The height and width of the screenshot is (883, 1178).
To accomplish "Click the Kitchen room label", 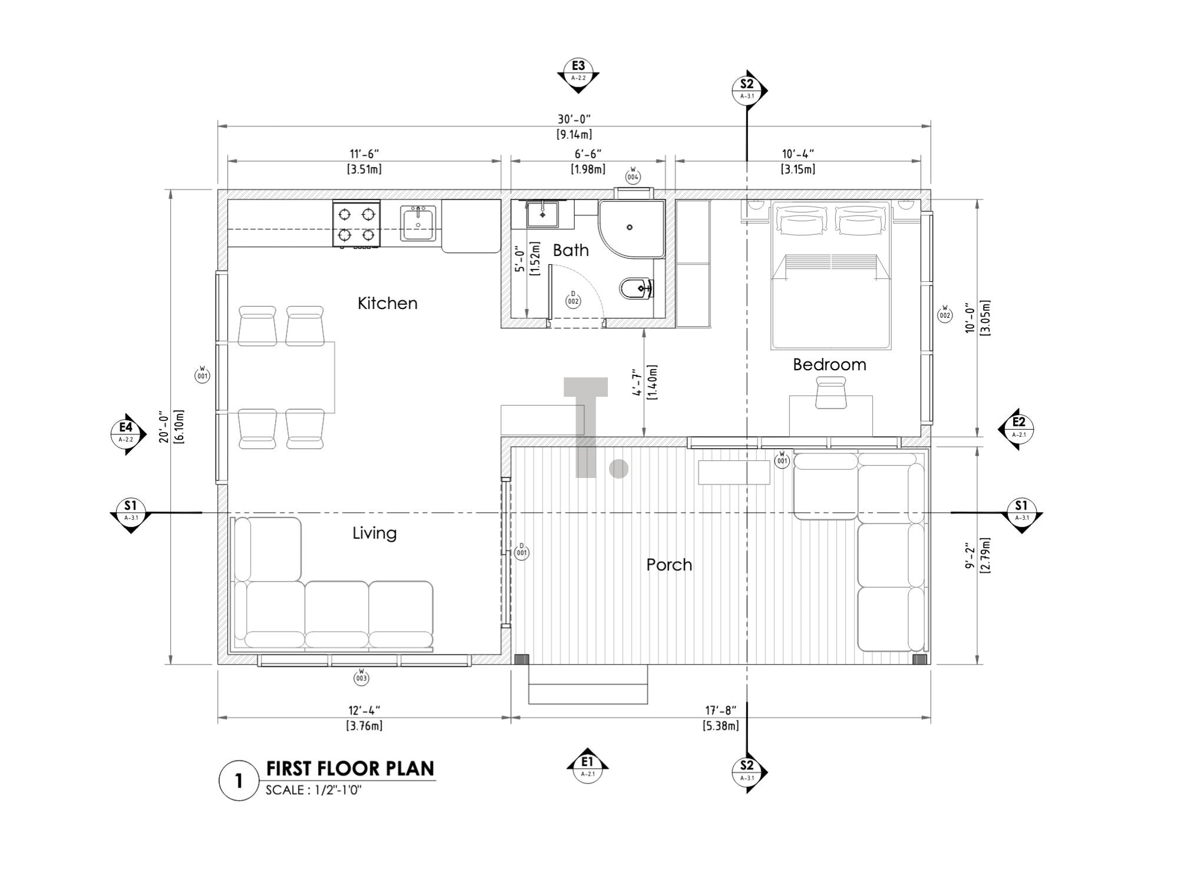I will [x=387, y=303].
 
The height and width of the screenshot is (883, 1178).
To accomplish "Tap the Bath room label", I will [x=570, y=250].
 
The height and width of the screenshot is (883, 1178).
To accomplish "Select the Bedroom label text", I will [x=829, y=364].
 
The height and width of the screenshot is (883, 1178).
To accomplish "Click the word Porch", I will [x=669, y=565].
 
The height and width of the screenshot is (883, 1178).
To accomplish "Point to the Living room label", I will [x=374, y=533].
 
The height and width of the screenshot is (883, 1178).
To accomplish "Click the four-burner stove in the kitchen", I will [x=356, y=225].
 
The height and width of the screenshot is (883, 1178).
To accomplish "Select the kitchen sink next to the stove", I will [x=418, y=223].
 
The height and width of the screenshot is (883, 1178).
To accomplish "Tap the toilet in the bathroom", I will [x=635, y=288].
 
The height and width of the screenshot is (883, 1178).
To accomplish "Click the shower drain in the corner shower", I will [x=629, y=227].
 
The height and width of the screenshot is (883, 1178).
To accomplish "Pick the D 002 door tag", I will [x=573, y=299].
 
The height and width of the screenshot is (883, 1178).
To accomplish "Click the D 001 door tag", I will [x=521, y=551].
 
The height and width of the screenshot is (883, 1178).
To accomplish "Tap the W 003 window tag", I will [x=361, y=677].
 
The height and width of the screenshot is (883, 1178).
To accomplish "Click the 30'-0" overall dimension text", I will [x=574, y=119].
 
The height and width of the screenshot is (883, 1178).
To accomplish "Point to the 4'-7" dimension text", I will [x=637, y=383].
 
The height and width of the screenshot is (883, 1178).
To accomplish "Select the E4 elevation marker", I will [x=126, y=433].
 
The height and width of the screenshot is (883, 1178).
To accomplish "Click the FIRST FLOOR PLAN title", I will [x=350, y=768].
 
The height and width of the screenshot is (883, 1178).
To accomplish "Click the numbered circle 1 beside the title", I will [x=239, y=781].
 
